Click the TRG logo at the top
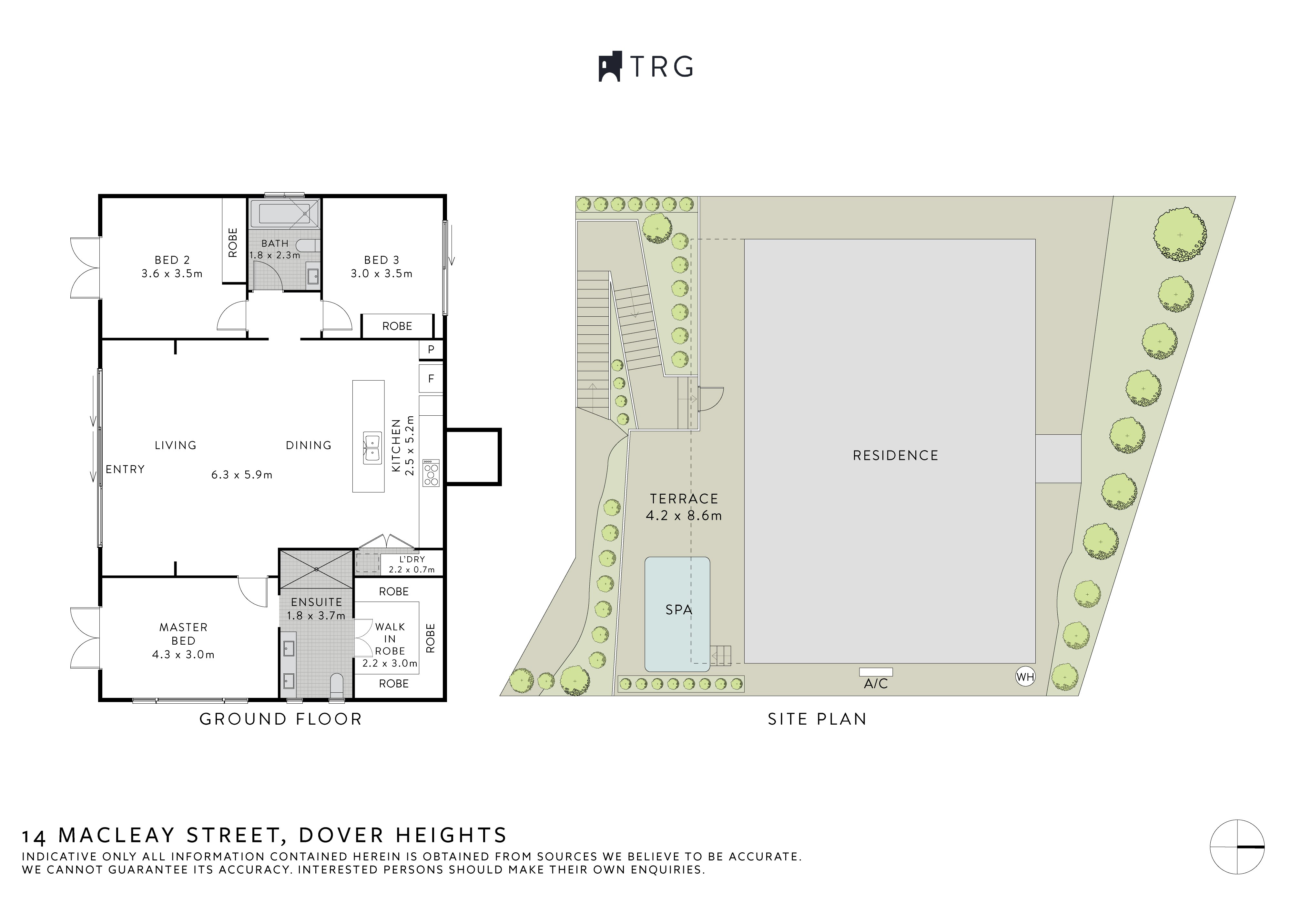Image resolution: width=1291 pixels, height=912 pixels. (645, 67)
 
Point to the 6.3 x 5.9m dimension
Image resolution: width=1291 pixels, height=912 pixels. (242, 475)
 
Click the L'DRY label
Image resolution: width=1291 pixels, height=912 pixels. (412, 560)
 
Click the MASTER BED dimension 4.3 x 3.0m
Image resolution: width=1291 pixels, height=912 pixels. (183, 655)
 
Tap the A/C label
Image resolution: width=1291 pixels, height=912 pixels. (876, 684)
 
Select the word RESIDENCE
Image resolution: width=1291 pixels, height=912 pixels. (896, 456)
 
